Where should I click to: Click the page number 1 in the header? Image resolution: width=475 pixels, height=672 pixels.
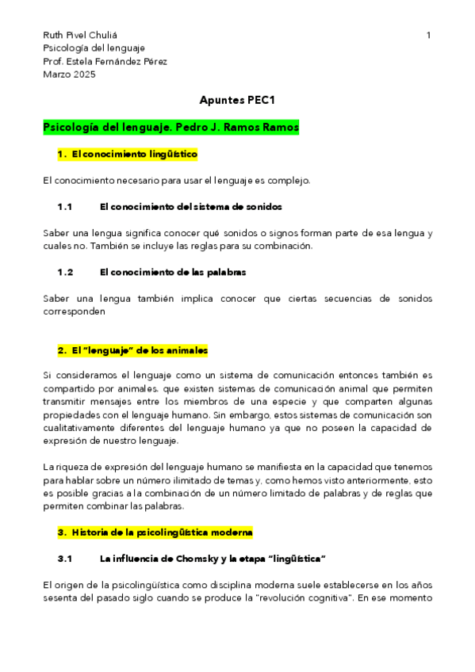click(428, 36)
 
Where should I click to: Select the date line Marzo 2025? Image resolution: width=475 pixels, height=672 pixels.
click(69, 74)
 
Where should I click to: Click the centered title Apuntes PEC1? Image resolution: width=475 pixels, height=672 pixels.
click(236, 101)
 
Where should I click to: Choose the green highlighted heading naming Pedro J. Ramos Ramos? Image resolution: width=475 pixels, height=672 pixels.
click(170, 127)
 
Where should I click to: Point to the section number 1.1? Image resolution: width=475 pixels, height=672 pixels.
click(65, 207)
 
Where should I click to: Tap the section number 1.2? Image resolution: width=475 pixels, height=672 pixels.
click(65, 272)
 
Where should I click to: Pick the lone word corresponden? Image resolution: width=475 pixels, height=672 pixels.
click(74, 311)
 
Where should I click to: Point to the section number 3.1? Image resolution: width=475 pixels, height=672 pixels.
click(65, 558)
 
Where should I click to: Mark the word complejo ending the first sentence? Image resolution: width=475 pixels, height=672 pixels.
click(289, 181)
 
